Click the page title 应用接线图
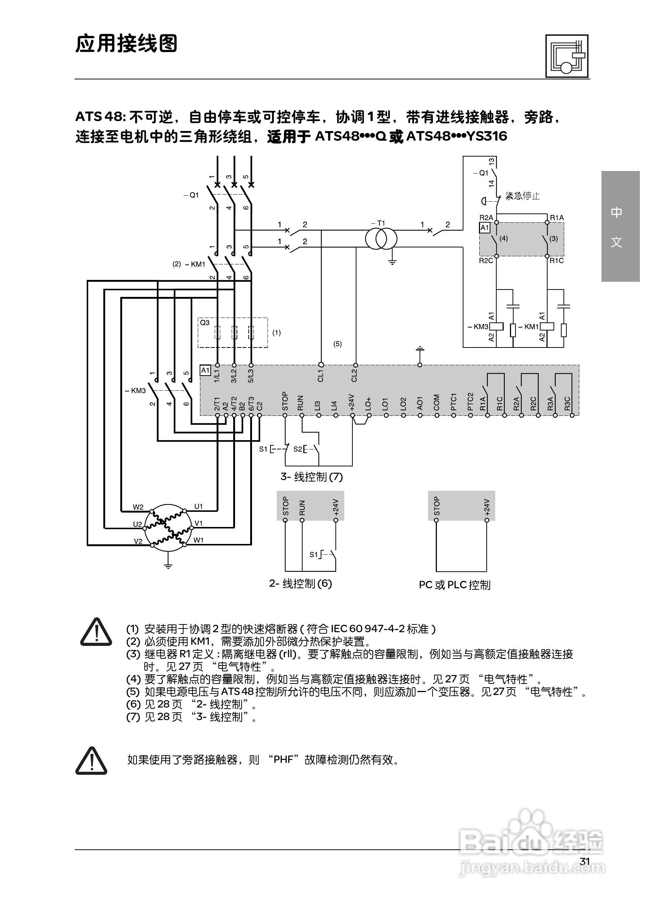tap(126, 44)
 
